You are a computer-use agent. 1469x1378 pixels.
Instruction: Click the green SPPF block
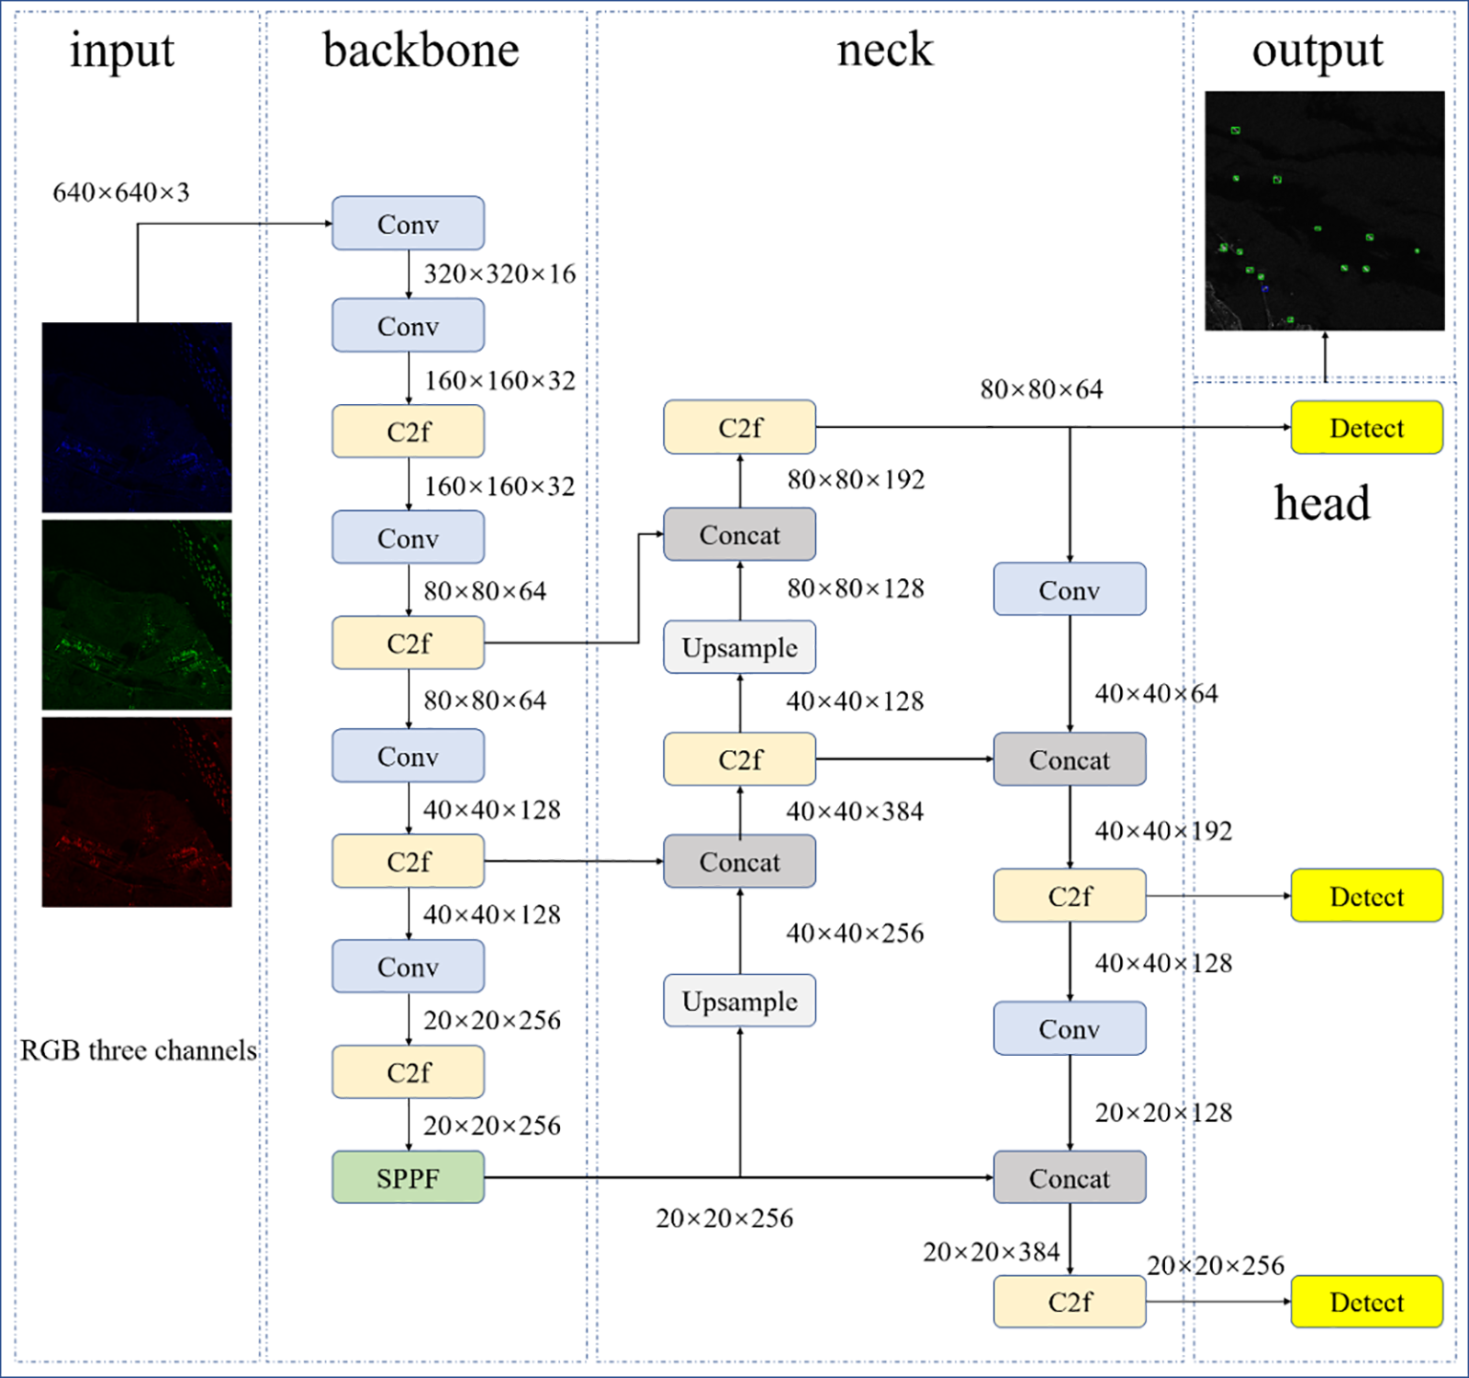[x=408, y=1177]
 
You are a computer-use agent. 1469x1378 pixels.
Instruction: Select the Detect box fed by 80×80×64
[x=1366, y=428]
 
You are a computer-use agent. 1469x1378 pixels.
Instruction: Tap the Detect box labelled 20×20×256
[x=1366, y=1302]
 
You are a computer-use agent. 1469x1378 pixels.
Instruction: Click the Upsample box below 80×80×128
[x=739, y=647]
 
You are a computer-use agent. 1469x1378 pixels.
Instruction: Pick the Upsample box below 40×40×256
[x=739, y=1001]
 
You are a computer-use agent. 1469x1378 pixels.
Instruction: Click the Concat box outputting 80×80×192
[x=739, y=534]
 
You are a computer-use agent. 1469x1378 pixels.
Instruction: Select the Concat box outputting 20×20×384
[x=1070, y=1177]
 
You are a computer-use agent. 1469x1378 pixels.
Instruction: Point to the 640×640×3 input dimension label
[x=121, y=193]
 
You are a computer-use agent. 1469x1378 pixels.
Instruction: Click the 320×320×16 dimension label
[x=499, y=274]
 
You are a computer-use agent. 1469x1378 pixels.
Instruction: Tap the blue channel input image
[x=137, y=417]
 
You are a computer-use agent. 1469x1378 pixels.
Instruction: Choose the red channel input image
[x=137, y=812]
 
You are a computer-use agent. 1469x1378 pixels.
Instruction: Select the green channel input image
[x=137, y=615]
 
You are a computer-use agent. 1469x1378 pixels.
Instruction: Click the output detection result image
[x=1325, y=210]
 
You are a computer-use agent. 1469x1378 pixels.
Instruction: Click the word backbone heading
[x=421, y=50]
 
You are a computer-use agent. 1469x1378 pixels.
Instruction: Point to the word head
[x=1322, y=503]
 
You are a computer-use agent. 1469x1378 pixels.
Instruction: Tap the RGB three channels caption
[x=139, y=1050]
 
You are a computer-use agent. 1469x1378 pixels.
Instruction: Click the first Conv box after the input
[x=408, y=223]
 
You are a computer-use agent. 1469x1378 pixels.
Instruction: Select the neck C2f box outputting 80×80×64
[x=739, y=427]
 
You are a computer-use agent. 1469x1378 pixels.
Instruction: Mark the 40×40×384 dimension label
[x=855, y=812]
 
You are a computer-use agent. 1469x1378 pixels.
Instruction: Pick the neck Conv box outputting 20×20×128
[x=1070, y=1028]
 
